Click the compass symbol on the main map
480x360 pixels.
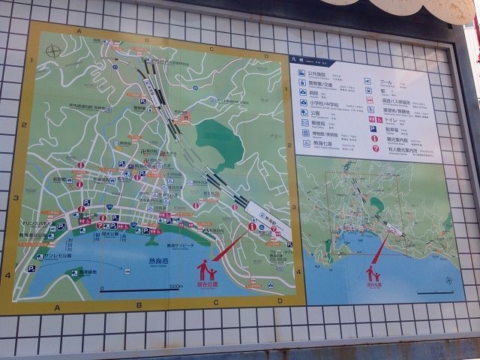(52, 52)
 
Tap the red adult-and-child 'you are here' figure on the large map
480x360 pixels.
(206, 269)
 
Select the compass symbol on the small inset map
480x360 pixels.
(449, 280)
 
